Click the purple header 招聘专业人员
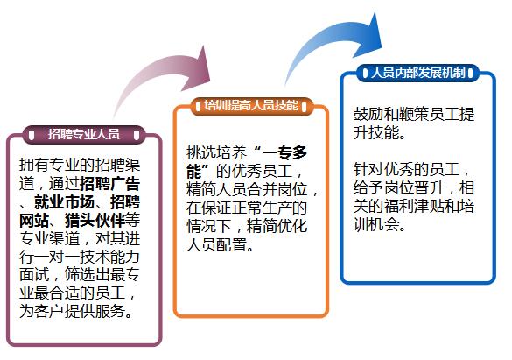[x=84, y=134]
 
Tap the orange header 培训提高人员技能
[x=251, y=106]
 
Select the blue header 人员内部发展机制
[x=418, y=73]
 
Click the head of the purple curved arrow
[x=197, y=69]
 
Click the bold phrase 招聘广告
[x=109, y=184]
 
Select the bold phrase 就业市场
[x=64, y=202]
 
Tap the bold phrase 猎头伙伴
[x=95, y=221]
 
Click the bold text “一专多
[x=280, y=152]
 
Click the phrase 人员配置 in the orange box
[x=216, y=244]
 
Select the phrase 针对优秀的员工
[x=406, y=169]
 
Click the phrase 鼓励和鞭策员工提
[x=414, y=114]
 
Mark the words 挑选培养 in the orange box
[x=216, y=152]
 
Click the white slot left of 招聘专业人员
[x=32, y=135]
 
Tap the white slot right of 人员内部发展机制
[x=470, y=74]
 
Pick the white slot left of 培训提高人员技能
[x=198, y=107]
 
